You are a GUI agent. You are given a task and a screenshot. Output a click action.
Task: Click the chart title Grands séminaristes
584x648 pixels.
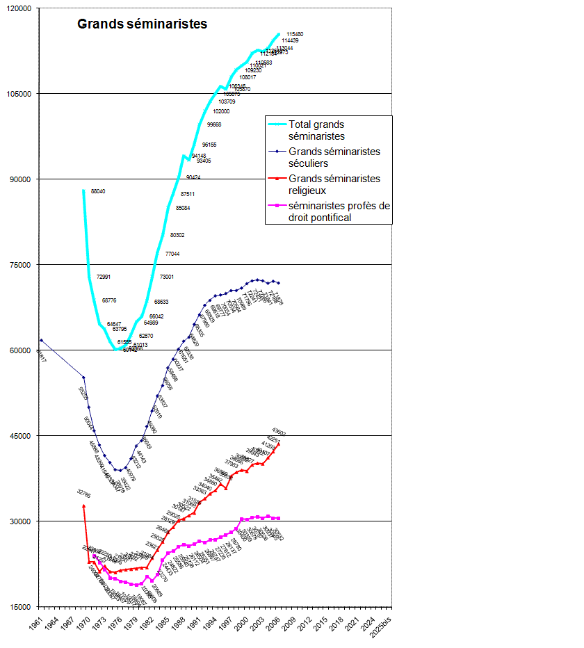click(142, 24)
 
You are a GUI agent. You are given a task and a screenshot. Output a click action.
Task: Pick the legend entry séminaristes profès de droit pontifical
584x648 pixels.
click(340, 211)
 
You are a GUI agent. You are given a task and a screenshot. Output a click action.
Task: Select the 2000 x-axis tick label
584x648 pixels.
click(243, 622)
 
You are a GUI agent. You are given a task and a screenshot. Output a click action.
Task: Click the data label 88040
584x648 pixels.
click(98, 191)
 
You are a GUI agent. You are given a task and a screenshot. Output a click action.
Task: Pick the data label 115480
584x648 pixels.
click(295, 34)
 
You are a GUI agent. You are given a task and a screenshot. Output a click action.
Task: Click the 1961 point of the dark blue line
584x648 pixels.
click(41, 340)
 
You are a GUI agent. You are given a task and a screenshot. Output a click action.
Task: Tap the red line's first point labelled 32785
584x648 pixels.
click(83, 505)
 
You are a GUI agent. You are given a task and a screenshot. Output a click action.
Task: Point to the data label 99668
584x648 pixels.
click(214, 124)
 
